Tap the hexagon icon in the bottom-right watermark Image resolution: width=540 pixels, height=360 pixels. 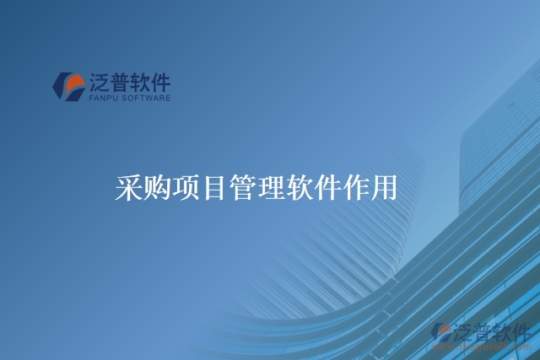(x=441, y=332)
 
